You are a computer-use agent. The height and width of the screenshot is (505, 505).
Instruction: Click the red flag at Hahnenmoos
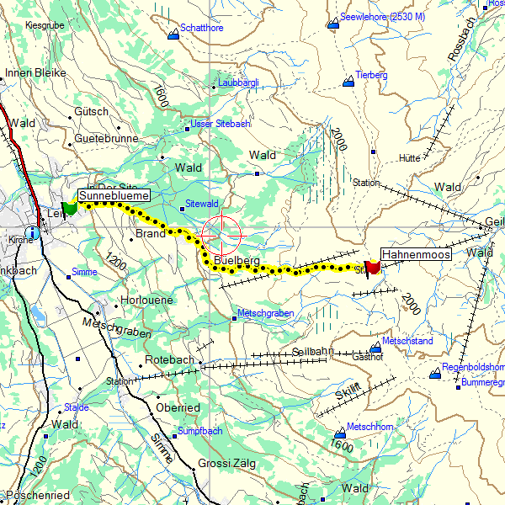pos(373,267)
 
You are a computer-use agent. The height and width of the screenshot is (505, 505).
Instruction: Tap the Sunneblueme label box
pos(114,195)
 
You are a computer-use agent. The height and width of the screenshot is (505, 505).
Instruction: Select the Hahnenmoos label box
pos(416,253)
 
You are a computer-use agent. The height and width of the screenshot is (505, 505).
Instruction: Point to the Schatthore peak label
pos(202,28)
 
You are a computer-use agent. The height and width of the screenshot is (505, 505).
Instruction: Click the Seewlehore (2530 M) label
pos(382,17)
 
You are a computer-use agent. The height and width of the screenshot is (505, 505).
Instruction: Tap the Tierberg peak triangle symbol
pos(348,82)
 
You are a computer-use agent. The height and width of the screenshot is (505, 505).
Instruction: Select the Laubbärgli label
pos(238,82)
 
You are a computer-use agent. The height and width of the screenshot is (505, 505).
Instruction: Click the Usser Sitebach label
pos(221,124)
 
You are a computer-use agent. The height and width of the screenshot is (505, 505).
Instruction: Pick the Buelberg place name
pos(237,261)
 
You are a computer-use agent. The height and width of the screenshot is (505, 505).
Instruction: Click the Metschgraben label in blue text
pos(264,313)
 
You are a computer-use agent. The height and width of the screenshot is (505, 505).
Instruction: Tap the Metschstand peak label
pos(407,341)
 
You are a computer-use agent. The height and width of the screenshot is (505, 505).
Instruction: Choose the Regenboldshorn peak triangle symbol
pos(434,374)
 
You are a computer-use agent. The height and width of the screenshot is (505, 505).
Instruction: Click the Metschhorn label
pos(370,427)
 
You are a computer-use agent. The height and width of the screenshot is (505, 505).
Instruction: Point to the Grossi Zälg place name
pos(226,464)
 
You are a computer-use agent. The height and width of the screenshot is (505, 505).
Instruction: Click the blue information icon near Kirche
pos(32,232)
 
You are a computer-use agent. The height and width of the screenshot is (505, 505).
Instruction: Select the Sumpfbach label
pos(199,431)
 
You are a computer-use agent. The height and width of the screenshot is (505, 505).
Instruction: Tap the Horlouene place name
pos(147,300)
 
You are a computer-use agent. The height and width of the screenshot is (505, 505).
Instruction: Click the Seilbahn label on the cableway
pos(313,351)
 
